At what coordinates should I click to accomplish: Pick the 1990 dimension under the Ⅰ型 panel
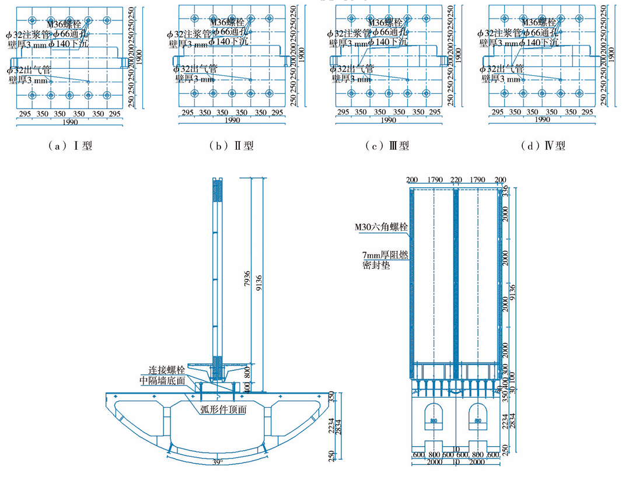coord(69,123)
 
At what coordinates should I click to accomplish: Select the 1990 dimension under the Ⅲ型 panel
coord(387,120)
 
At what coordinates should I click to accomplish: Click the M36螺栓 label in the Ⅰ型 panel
coord(68,24)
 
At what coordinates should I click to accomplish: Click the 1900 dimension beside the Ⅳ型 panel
coord(611,55)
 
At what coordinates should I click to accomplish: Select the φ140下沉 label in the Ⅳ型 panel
coord(538,43)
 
